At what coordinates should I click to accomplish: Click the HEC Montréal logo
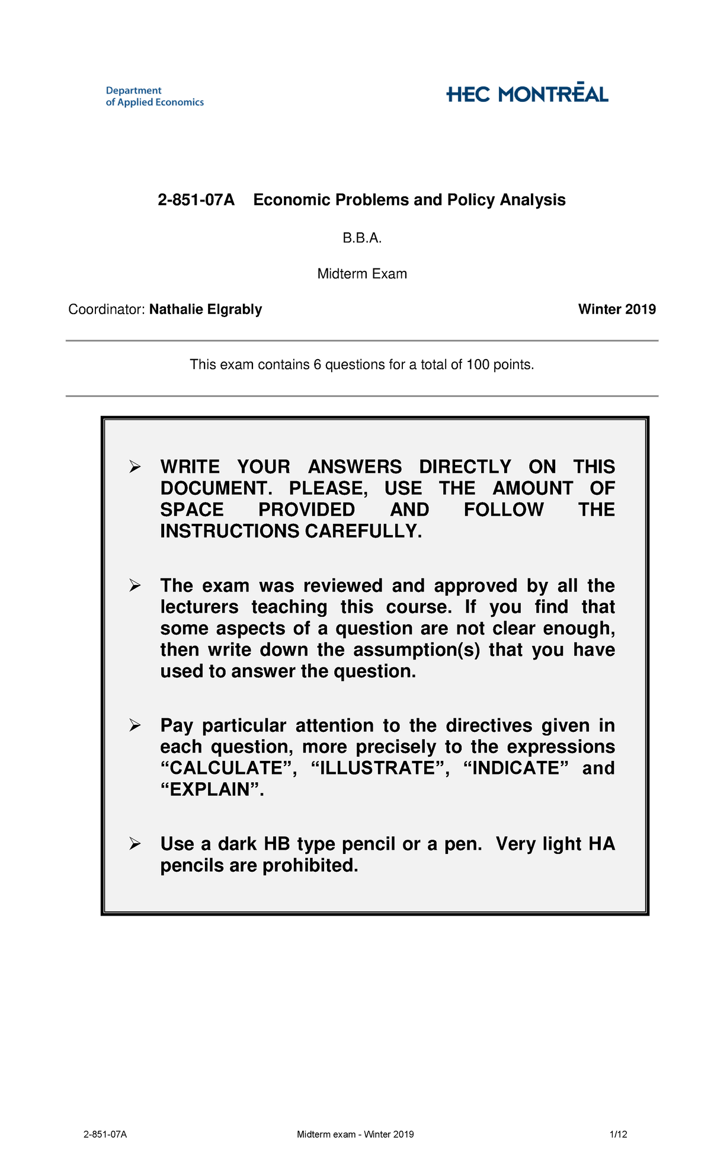[527, 94]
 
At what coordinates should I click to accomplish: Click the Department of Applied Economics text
[154, 97]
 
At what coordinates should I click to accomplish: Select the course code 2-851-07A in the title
[196, 200]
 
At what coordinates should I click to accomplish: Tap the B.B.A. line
[362, 238]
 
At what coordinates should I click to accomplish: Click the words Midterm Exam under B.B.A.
[362, 274]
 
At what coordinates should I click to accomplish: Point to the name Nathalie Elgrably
[206, 309]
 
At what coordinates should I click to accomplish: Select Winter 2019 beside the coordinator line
[617, 309]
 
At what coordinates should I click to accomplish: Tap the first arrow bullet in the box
[135, 468]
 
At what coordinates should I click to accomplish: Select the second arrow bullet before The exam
[135, 586]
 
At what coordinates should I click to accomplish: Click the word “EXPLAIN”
[212, 790]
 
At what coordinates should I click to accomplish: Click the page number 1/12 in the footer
[618, 1134]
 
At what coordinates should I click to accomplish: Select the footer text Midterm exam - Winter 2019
[355, 1134]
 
